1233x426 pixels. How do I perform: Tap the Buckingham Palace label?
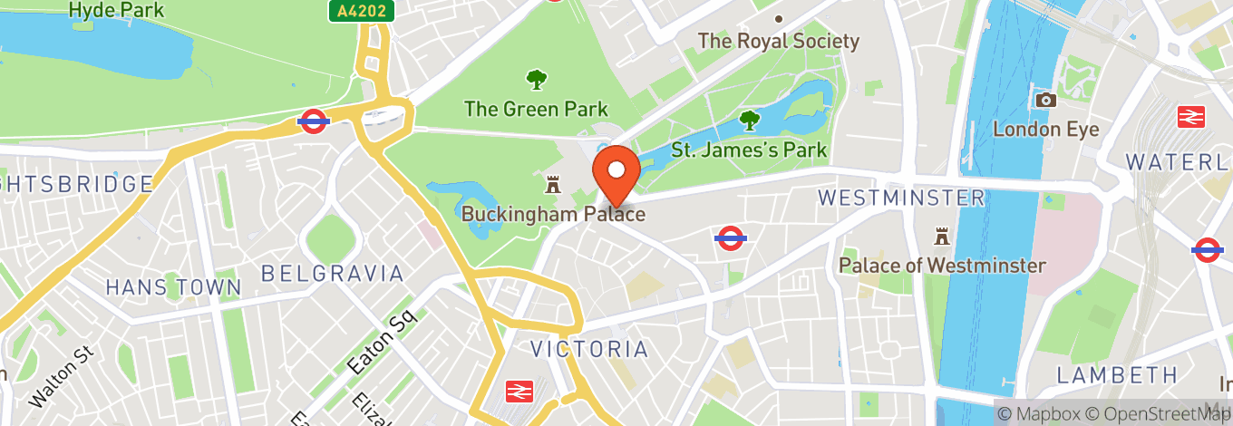click(553, 215)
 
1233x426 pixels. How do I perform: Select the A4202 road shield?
click(361, 11)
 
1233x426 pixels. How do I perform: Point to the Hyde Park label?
click(117, 11)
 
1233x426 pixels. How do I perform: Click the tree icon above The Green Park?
click(537, 80)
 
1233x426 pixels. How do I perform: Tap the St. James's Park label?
click(749, 149)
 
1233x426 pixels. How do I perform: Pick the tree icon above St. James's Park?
click(749, 119)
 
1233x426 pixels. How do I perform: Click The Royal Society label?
click(778, 41)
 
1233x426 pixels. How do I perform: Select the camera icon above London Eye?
click(1045, 100)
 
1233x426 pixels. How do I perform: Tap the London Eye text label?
click(1045, 129)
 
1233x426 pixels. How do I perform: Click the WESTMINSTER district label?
click(900, 198)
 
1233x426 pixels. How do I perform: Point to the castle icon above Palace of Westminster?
click(942, 237)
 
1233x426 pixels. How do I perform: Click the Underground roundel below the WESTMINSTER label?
click(731, 237)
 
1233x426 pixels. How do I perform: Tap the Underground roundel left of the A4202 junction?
click(313, 121)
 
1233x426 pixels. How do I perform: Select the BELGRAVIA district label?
click(332, 273)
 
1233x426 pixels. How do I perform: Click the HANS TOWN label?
click(173, 287)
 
